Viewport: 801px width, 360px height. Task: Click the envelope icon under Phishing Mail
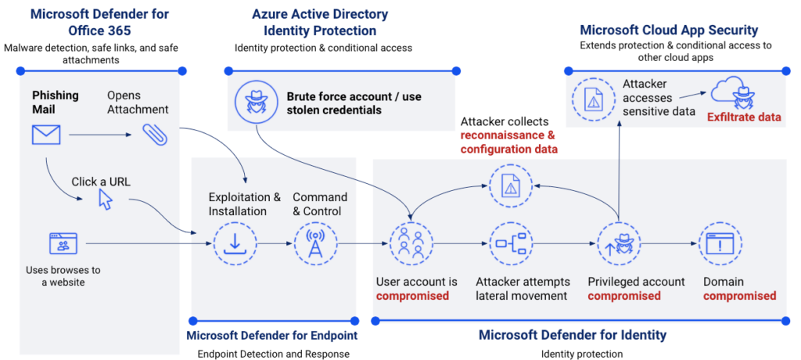pos(46,135)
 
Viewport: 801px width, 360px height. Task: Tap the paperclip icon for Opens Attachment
pos(154,135)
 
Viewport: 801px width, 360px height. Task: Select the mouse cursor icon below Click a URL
pos(105,199)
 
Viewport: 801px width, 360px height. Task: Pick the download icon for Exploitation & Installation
pos(235,243)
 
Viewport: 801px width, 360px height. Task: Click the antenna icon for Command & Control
pos(315,243)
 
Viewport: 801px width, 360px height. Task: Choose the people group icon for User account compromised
pos(411,243)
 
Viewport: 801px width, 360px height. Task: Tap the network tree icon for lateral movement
pos(510,243)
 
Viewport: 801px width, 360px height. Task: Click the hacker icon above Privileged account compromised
pos(619,243)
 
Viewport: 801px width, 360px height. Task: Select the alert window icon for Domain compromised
pos(719,243)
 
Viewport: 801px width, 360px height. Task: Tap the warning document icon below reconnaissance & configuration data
pos(510,185)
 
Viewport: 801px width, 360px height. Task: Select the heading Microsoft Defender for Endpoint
pos(272,335)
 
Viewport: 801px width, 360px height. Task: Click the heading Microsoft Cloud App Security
pos(669,30)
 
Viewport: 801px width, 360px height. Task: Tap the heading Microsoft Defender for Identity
pos(573,335)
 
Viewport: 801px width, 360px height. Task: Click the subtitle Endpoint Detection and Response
pos(272,354)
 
